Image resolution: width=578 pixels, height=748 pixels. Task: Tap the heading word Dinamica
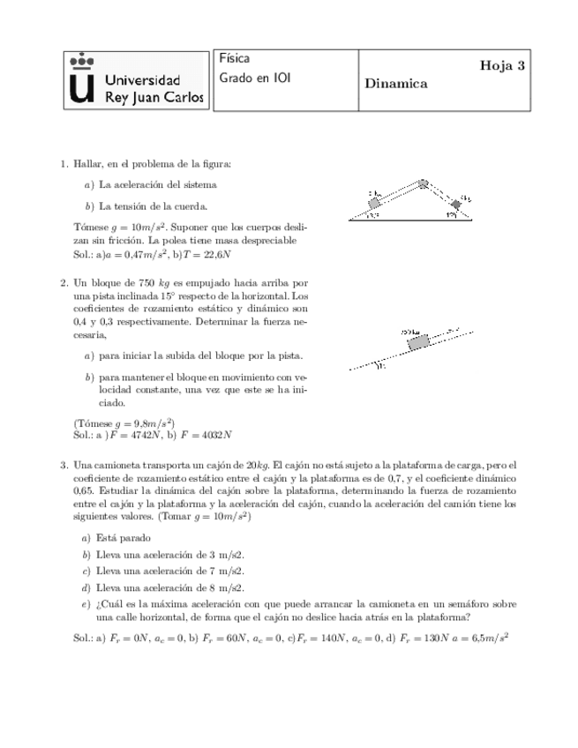tap(395, 84)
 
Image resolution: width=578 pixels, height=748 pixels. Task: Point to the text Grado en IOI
tap(254, 78)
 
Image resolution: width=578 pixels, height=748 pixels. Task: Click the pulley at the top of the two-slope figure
tap(424, 184)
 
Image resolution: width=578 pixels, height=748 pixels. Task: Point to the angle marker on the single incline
tap(381, 367)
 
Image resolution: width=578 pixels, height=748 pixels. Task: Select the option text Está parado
tap(124, 537)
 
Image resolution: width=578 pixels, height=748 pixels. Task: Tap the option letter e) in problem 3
tap(86, 604)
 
